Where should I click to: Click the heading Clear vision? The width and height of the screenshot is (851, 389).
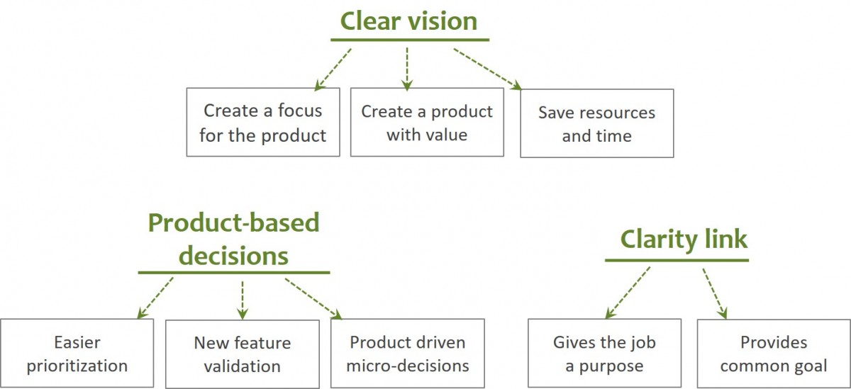pyautogui.click(x=408, y=21)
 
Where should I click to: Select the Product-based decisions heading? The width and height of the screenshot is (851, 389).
pyautogui.click(x=233, y=239)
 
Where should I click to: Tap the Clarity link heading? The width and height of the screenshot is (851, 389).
pyautogui.click(x=684, y=239)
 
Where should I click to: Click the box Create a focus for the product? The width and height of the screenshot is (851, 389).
pyautogui.click(x=262, y=122)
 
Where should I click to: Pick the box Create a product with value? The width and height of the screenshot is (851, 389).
pyautogui.click(x=427, y=122)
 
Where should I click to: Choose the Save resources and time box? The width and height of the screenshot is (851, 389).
pyautogui.click(x=596, y=123)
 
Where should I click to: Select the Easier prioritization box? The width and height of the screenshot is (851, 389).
pyautogui.click(x=77, y=354)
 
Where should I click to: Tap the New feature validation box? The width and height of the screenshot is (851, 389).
pyautogui.click(x=243, y=354)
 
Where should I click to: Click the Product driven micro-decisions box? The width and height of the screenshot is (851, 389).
pyautogui.click(x=408, y=354)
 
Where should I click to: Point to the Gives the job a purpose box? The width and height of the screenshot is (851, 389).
pyautogui.click(x=604, y=354)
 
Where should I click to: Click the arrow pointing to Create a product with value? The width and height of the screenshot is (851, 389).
pyautogui.click(x=407, y=69)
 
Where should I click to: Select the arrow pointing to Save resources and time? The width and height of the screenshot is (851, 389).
pyautogui.click(x=487, y=69)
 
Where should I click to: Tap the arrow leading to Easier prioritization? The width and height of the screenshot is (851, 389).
pyautogui.click(x=155, y=298)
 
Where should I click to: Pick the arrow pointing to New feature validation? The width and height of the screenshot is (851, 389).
pyautogui.click(x=243, y=299)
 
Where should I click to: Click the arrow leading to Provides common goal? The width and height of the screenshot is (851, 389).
pyautogui.click(x=715, y=293)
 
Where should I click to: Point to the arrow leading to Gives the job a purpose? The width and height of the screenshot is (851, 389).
pyautogui.click(x=627, y=293)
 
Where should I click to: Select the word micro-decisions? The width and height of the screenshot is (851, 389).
pyautogui.click(x=408, y=366)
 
